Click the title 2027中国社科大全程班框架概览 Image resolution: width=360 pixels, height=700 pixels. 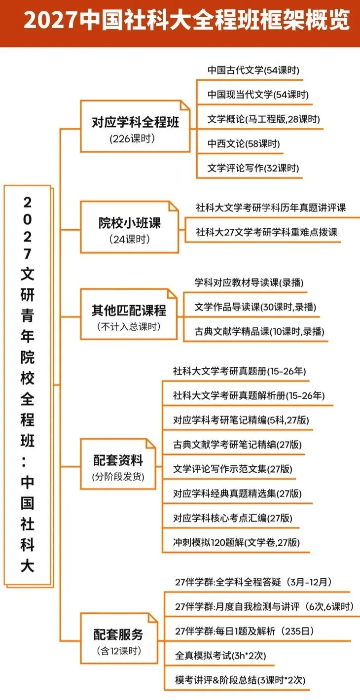click(186, 22)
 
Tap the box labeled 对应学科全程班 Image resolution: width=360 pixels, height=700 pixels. click(135, 126)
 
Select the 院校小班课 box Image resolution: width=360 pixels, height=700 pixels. click(129, 227)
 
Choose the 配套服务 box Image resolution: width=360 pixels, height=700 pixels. click(118, 639)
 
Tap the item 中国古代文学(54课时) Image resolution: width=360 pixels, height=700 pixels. click(253, 70)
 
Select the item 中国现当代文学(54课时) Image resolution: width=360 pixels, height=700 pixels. click(258, 95)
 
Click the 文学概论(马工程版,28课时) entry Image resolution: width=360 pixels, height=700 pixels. click(264, 119)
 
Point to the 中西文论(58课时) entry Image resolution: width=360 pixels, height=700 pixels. click(244, 144)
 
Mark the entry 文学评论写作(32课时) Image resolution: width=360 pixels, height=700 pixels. click(253, 169)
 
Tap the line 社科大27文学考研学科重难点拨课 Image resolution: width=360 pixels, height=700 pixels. click(267, 232)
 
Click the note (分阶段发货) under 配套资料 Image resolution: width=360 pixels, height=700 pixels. click(118, 477)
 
